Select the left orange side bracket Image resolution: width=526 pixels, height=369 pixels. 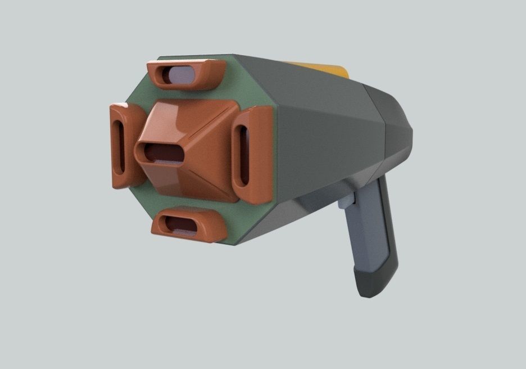tap(120, 145)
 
